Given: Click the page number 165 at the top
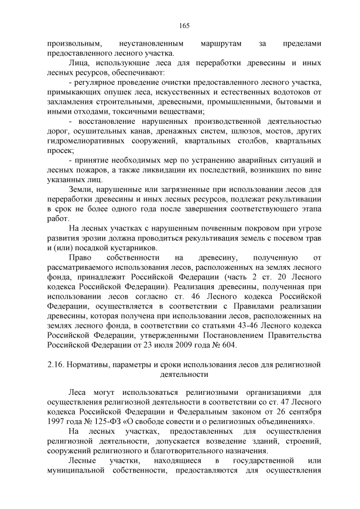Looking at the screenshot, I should (184, 25).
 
